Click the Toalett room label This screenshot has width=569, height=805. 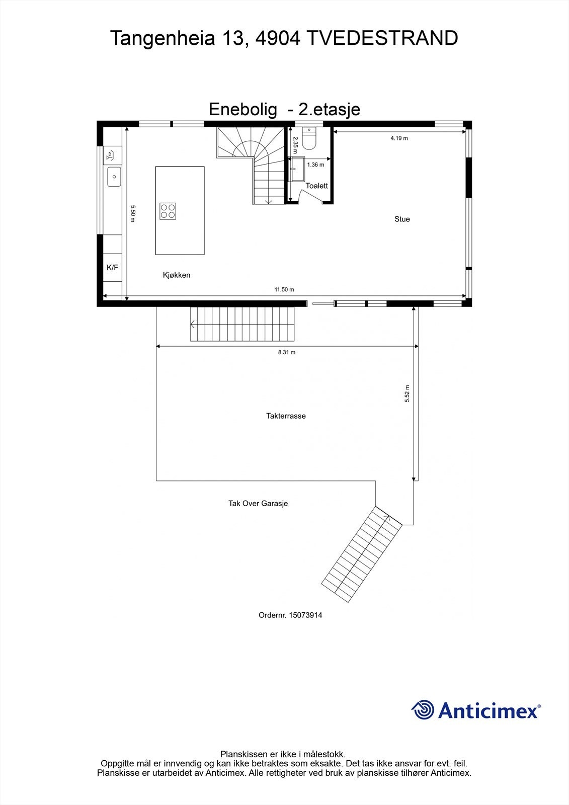click(316, 186)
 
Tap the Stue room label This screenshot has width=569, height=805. click(402, 219)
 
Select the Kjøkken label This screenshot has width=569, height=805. click(177, 275)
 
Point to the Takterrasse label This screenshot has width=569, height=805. click(286, 416)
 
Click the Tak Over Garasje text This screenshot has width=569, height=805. click(258, 503)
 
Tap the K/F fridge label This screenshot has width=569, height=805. click(112, 268)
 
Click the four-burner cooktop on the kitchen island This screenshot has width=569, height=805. click(168, 211)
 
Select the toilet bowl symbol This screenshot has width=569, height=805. click(308, 141)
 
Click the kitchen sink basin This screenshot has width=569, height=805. click(114, 177)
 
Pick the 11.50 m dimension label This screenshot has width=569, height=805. click(284, 289)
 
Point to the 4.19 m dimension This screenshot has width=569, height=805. click(399, 138)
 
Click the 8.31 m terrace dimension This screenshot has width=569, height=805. click(287, 352)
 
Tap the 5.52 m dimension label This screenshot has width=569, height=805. click(408, 393)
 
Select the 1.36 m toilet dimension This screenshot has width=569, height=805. click(315, 165)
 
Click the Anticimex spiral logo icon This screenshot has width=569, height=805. click(423, 710)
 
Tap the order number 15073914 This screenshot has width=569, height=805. click(305, 615)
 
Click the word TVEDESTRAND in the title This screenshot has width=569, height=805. click(382, 38)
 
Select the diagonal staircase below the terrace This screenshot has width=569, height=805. click(362, 553)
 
